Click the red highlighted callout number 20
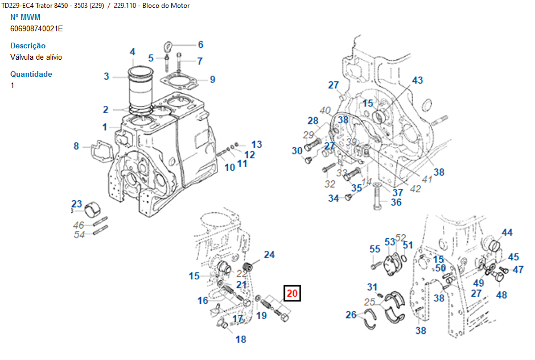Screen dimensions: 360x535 pyautogui.click(x=292, y=293)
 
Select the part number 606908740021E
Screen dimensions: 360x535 pyautogui.click(x=36, y=28)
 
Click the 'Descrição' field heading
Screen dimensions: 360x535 pyautogui.click(x=28, y=45)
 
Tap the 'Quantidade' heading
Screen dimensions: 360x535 pyautogui.click(x=31, y=74)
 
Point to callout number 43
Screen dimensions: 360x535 pyautogui.click(x=418, y=80)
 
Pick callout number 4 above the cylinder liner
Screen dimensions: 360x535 pyautogui.click(x=132, y=52)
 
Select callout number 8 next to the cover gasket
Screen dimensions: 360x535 pyautogui.click(x=76, y=146)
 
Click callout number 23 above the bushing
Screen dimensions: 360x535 pyautogui.click(x=77, y=204)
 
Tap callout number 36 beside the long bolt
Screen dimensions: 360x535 pyautogui.click(x=396, y=202)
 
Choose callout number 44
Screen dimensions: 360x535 pyautogui.click(x=507, y=233)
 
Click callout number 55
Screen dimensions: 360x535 pyautogui.click(x=374, y=249)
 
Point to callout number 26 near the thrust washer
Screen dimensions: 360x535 pyautogui.click(x=351, y=315)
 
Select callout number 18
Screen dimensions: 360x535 pyautogui.click(x=241, y=339)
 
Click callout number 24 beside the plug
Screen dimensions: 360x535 pyautogui.click(x=269, y=255)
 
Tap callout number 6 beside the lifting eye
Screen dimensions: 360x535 pyautogui.click(x=200, y=44)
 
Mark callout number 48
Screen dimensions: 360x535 pyautogui.click(x=501, y=295)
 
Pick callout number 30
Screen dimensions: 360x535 pyautogui.click(x=297, y=151)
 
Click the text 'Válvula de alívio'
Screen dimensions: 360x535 pyautogui.click(x=36, y=57)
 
